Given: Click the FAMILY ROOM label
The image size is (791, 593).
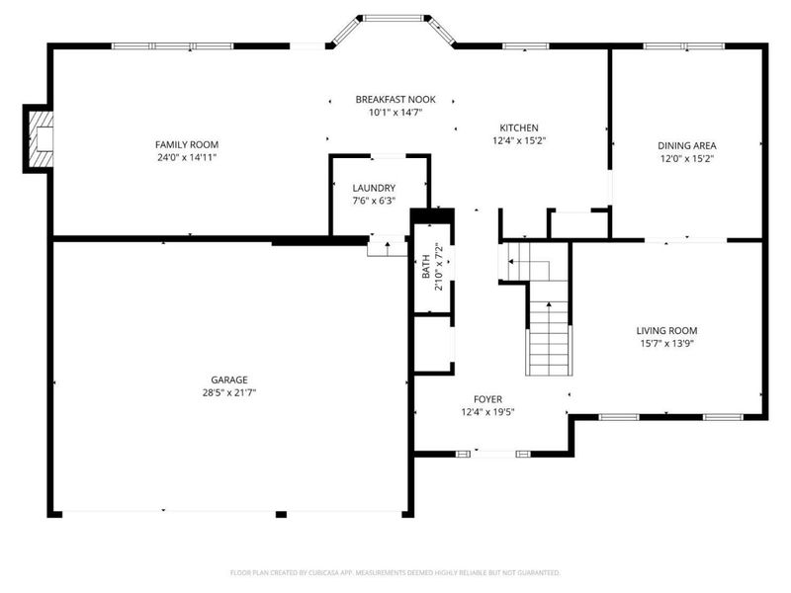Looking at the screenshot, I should click(x=186, y=144).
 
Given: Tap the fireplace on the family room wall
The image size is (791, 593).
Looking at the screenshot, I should click(x=41, y=137).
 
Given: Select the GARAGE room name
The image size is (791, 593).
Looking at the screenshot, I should click(x=228, y=380).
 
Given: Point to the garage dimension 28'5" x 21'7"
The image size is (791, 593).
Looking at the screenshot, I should click(x=228, y=392).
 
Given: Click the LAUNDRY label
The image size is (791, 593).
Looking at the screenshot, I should click(x=374, y=188).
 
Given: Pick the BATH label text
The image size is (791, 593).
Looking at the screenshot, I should click(x=426, y=268).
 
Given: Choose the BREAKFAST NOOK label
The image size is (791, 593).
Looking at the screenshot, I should click(x=395, y=100).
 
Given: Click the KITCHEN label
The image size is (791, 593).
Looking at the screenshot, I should click(x=518, y=127).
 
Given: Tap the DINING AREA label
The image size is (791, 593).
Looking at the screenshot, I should click(x=686, y=145).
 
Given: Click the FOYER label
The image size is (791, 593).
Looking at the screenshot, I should click(x=487, y=399).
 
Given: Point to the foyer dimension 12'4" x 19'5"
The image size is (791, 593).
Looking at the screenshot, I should click(x=487, y=412).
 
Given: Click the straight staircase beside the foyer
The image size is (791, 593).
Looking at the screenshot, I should click(x=548, y=331).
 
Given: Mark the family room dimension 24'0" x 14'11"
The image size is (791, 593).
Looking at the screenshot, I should click(x=186, y=157).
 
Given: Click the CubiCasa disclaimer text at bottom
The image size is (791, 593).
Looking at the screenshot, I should click(x=395, y=572).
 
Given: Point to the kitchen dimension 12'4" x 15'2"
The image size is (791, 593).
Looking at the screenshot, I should click(x=518, y=140).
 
